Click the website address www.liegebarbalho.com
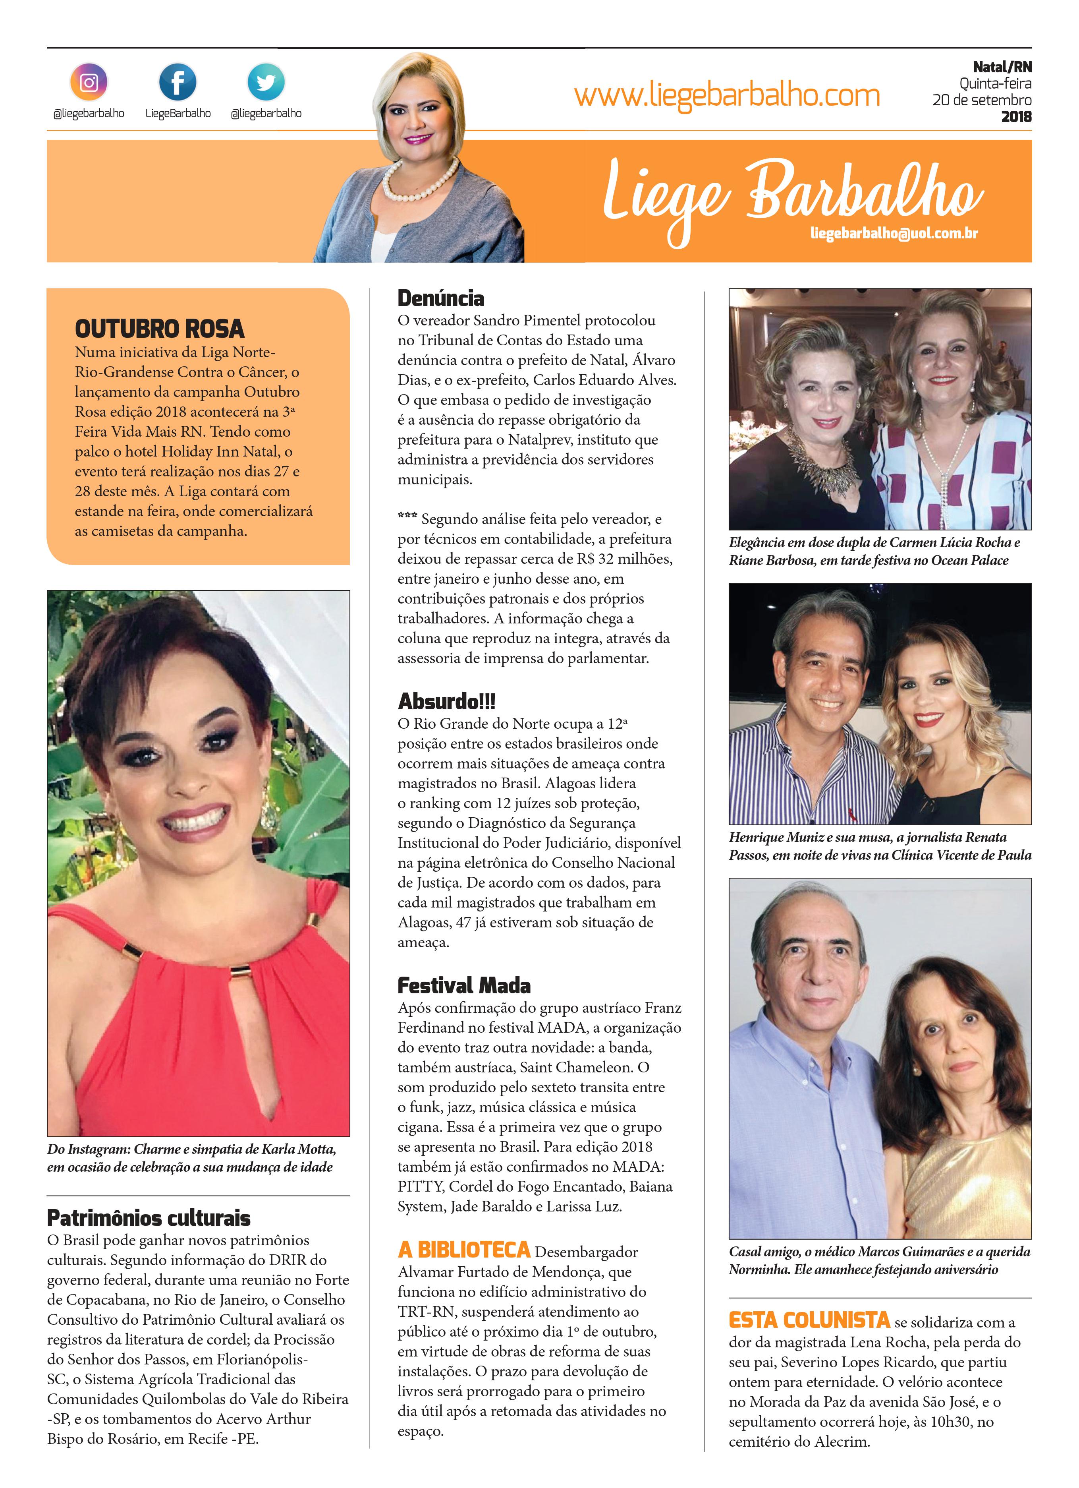[x=727, y=96]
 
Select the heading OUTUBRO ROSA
[x=159, y=328]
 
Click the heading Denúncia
[x=441, y=298]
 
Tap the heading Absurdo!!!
[x=447, y=701]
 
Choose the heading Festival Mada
[x=464, y=985]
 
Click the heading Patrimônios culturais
[x=149, y=1218]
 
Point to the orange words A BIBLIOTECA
[x=464, y=1250]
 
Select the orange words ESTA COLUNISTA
[x=809, y=1320]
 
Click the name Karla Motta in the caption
[x=299, y=1149]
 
